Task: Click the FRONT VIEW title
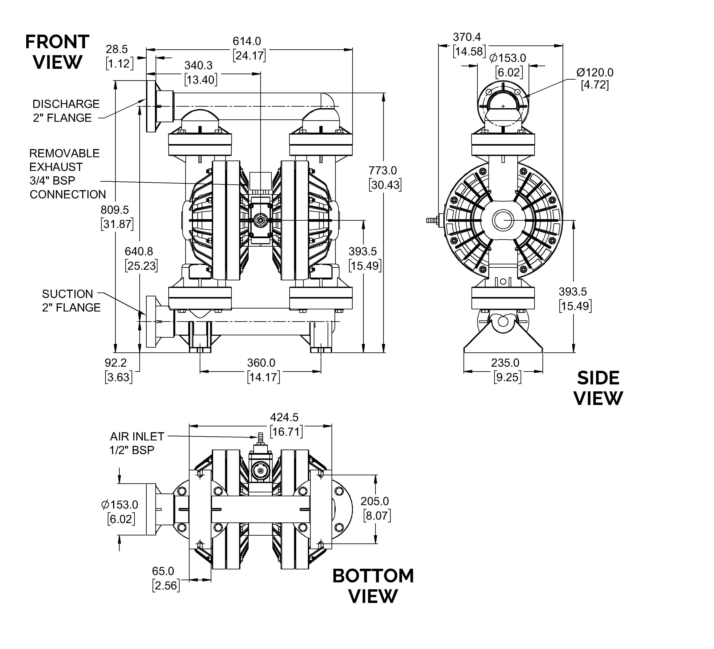pos(57,52)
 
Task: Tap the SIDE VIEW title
pos(598,388)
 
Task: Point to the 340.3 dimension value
pos(200,73)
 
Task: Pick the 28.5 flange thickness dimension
pos(119,56)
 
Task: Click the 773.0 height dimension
pos(385,178)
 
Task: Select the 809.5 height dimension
pos(117,217)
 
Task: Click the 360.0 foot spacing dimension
pos(263,370)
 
